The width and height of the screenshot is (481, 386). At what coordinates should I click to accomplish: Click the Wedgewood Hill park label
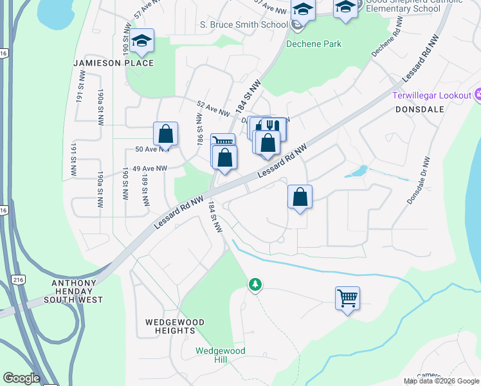221,355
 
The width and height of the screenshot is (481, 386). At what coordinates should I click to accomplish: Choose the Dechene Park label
314,44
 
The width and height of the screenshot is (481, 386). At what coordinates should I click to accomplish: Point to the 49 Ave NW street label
149,169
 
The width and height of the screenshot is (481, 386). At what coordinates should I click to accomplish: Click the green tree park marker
256,284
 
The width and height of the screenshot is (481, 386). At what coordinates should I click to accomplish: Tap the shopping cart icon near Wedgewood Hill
347,298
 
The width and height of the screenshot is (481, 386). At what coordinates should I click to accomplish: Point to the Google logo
22,378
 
